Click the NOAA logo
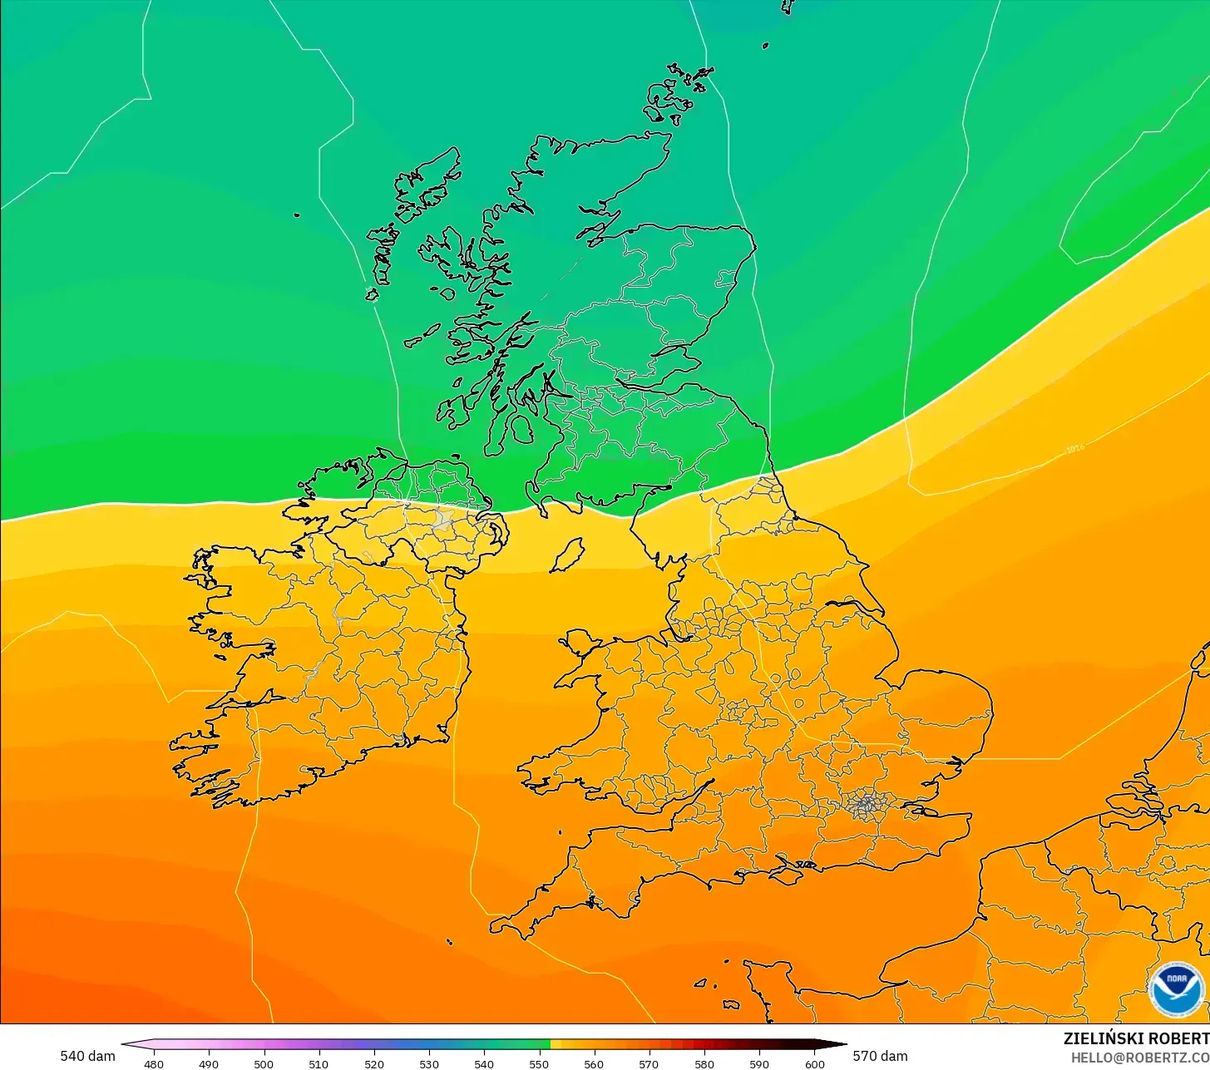pos(1176,990)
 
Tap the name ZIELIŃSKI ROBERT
pos(1136,1038)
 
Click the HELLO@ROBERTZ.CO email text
pos(1139,1057)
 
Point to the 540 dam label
pos(87,1056)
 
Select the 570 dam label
pos(880,1056)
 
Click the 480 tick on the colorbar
pos(154,1063)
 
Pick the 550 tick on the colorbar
pos(539,1063)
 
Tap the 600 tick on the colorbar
pos(814,1063)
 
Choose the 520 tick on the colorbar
pos(374,1063)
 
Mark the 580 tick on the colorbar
pos(704,1063)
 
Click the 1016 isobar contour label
pos(1075,450)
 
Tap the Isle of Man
pos(568,555)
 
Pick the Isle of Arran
pos(522,429)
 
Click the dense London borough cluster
pos(867,803)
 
